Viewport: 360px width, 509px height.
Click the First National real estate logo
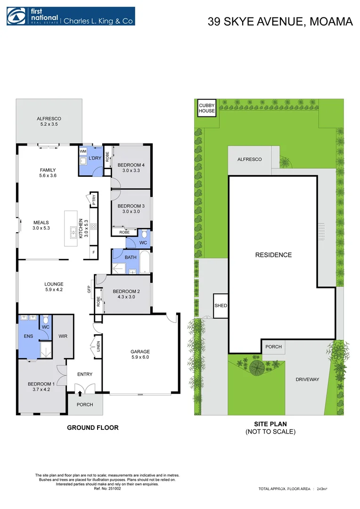[x=71, y=16]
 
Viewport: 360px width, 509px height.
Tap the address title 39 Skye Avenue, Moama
[x=280, y=22]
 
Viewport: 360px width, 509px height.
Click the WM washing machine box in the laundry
[x=83, y=151]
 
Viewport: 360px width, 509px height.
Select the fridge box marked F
[x=93, y=253]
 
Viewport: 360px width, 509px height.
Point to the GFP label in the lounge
[x=89, y=289]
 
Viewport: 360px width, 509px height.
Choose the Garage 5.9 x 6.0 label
[x=140, y=354]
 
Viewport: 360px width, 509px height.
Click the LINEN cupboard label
[x=98, y=346]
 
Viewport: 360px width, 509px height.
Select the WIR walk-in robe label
[x=64, y=337]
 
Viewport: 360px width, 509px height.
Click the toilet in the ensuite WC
[x=46, y=319]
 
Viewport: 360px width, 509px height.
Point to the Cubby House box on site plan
[x=206, y=108]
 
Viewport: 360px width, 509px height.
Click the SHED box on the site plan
[x=221, y=305]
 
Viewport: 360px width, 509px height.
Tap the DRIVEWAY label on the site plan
[x=307, y=379]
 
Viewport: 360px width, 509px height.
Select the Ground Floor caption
[x=92, y=427]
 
